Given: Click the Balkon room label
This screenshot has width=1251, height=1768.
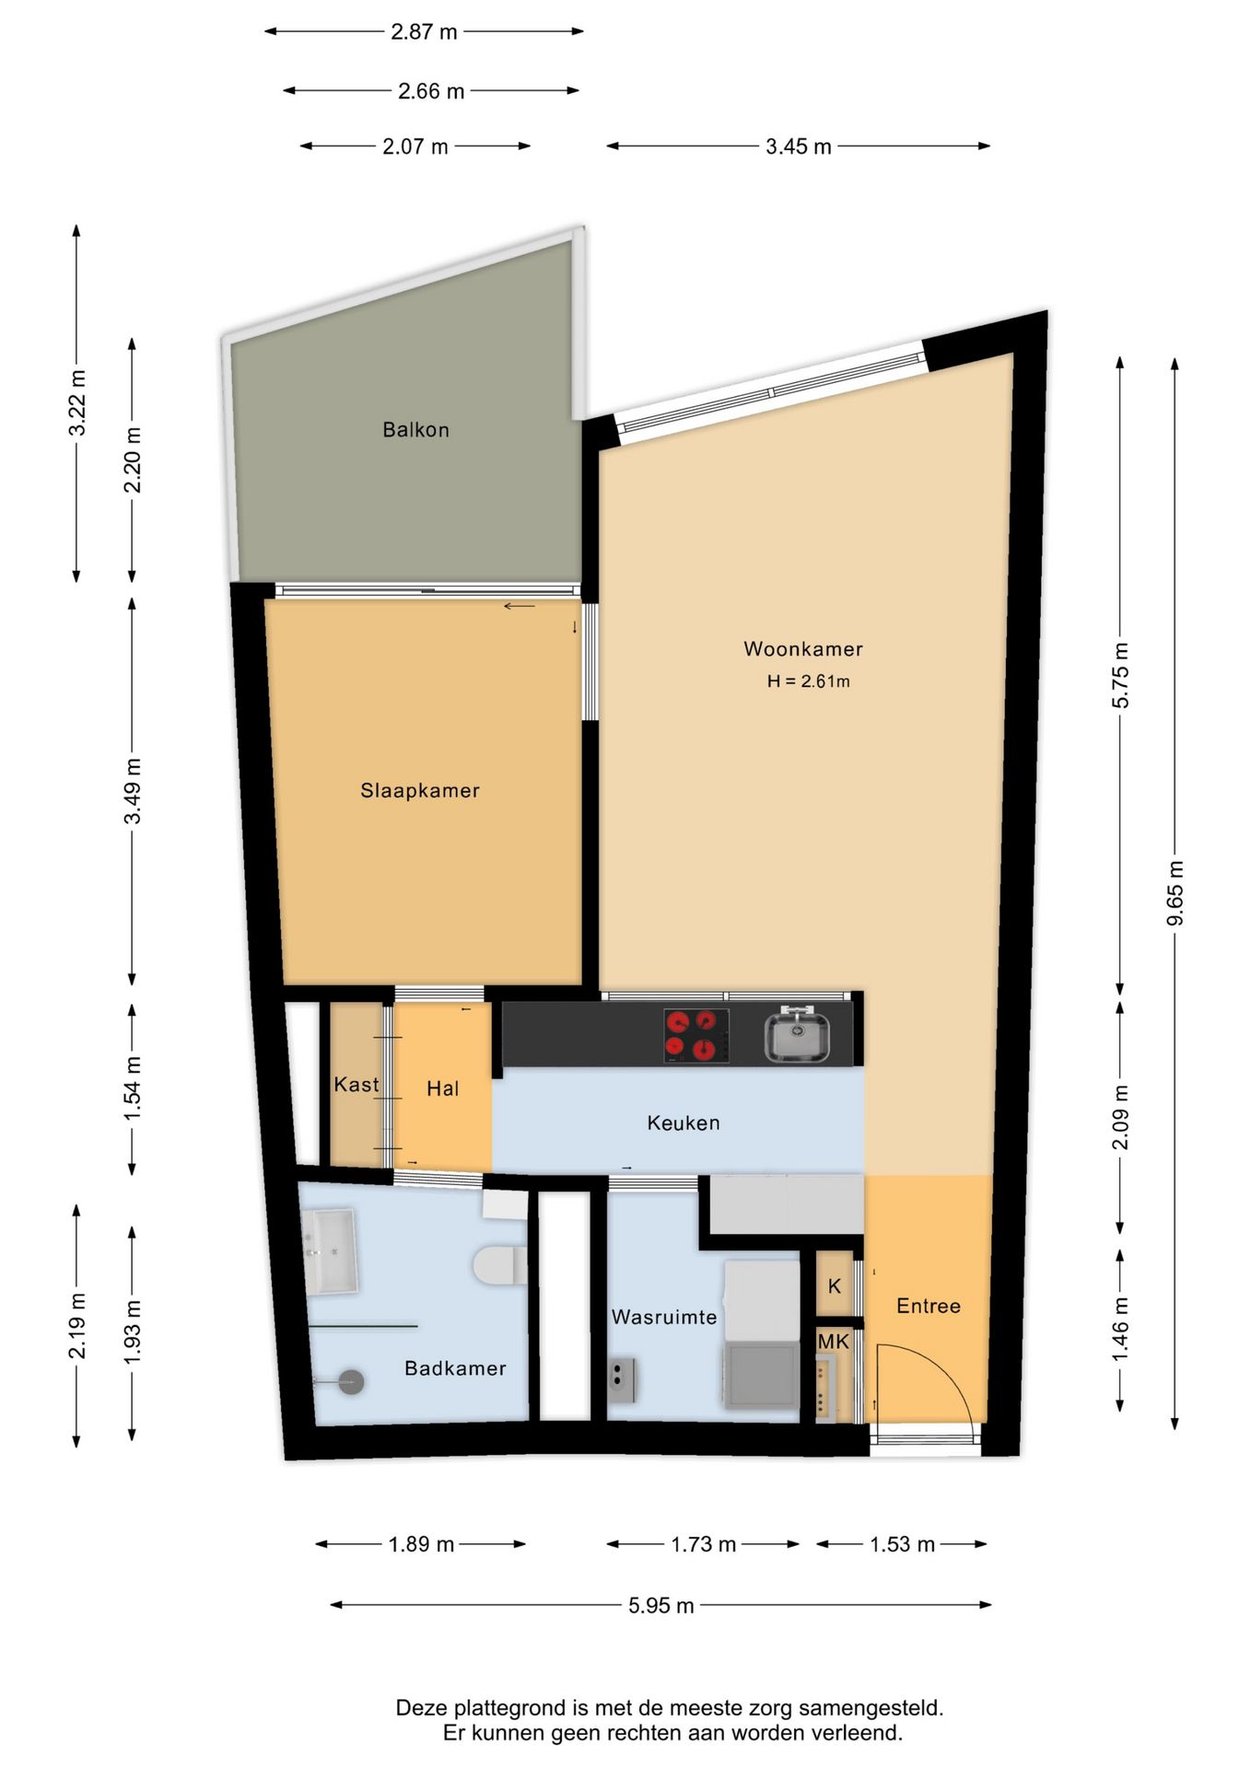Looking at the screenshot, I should tap(415, 430).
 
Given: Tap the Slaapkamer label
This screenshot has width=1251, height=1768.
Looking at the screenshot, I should tap(420, 791).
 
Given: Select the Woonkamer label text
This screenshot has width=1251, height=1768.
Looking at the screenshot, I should tap(803, 649).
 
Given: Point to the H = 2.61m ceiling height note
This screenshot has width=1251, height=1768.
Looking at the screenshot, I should tap(809, 681).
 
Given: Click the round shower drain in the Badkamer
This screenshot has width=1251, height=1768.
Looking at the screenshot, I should tap(351, 1381).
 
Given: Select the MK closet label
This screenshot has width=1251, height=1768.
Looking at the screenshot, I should tap(834, 1343).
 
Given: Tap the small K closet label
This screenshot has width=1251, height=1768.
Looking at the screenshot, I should tap(835, 1286).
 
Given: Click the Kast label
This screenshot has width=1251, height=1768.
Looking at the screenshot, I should tap(357, 1085).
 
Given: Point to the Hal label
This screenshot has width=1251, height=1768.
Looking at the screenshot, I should tap(442, 1089).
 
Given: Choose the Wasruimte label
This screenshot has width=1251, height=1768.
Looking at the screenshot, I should tap(664, 1318).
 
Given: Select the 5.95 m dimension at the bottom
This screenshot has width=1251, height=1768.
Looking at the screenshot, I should tap(661, 1606).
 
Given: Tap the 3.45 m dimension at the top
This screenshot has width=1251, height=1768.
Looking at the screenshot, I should tap(798, 146).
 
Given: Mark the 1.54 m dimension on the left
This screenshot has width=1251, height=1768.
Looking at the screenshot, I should tap(133, 1089).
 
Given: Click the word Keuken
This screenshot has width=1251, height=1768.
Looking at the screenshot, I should tap(684, 1123).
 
